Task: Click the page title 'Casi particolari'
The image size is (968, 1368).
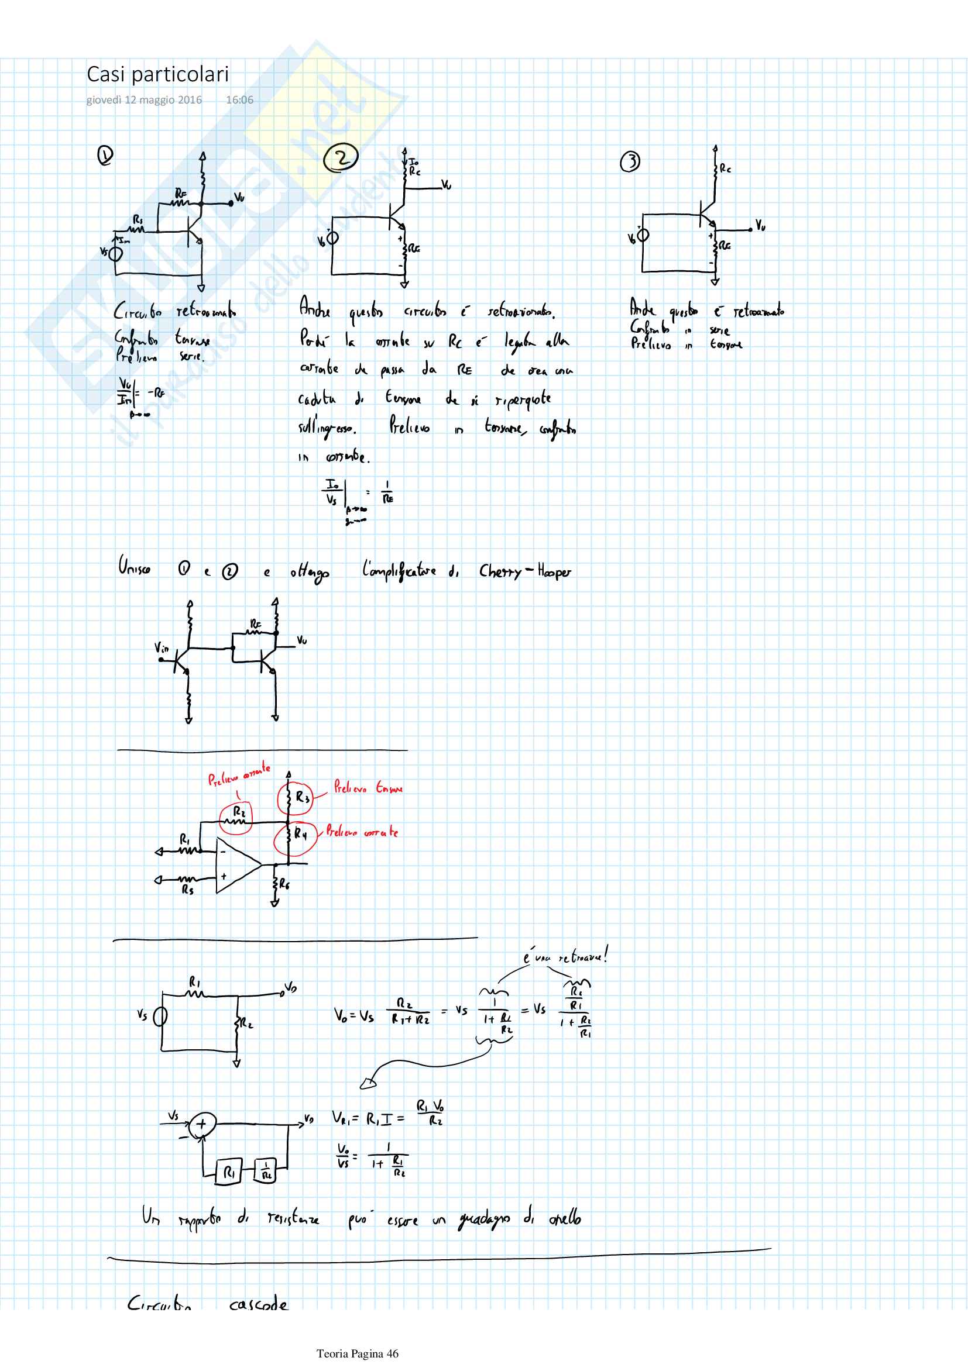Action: coord(157,74)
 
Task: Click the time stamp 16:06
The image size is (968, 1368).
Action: coord(239,100)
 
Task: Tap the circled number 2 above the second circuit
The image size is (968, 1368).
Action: coord(341,158)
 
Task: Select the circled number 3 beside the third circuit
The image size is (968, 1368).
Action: coord(630,161)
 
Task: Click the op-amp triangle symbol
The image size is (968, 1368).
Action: coord(236,865)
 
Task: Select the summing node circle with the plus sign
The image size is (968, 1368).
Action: coord(202,1124)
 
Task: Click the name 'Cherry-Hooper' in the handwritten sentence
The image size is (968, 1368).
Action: coord(524,571)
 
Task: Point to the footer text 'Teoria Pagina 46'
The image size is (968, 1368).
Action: coord(357,1353)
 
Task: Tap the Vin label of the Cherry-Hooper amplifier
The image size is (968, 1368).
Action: coord(162,647)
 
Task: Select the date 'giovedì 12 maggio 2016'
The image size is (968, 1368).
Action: coord(144,100)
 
